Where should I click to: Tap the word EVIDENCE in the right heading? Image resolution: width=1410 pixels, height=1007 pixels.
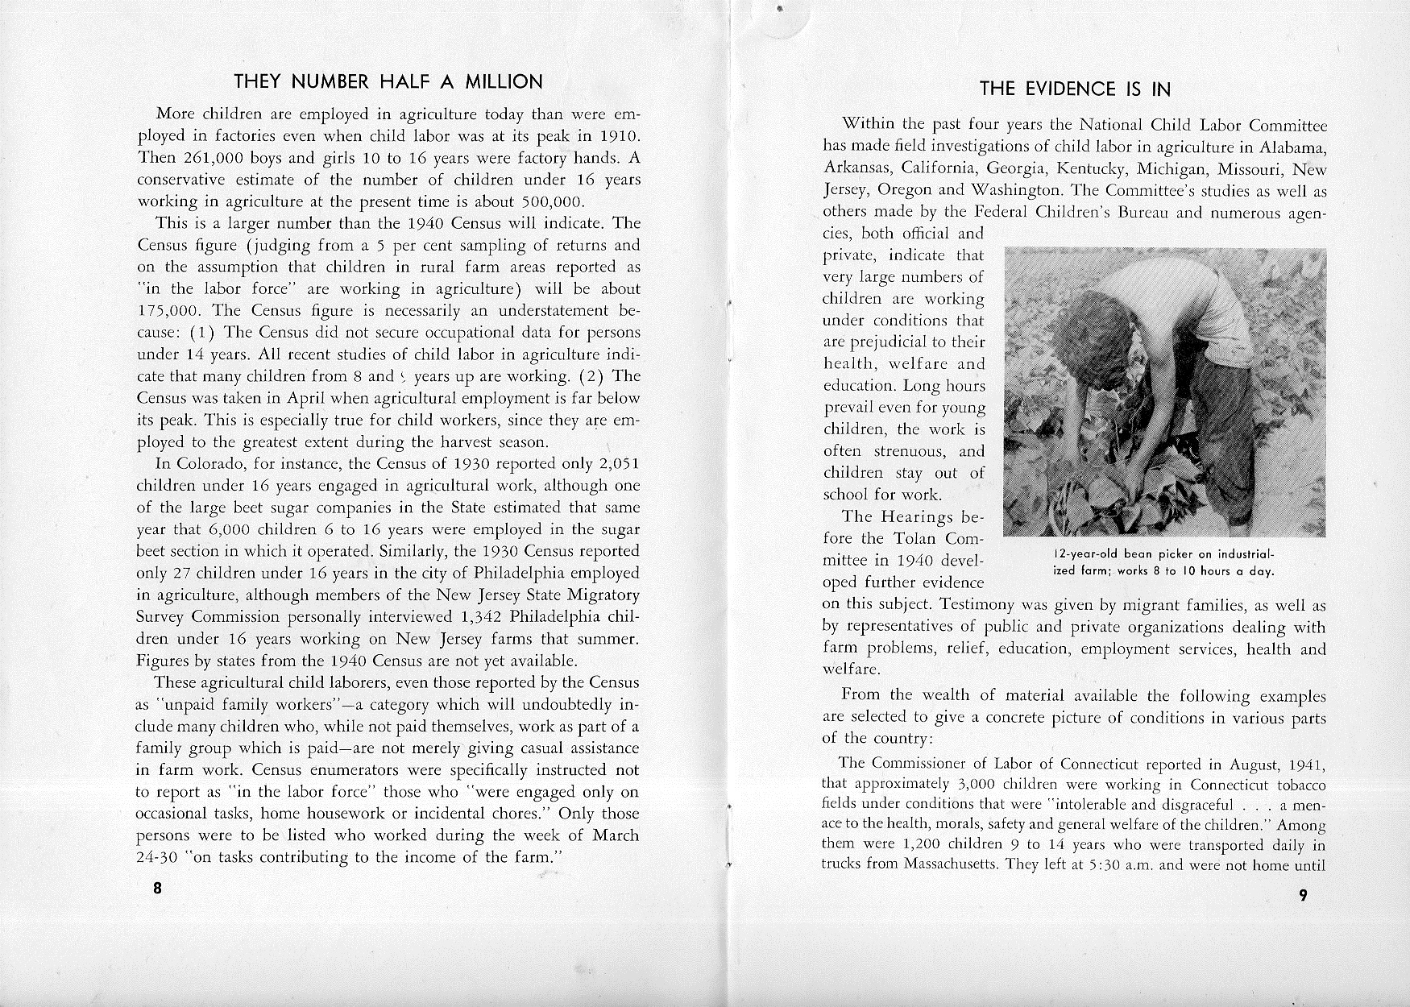coord(1072,89)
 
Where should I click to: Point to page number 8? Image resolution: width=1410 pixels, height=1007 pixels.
coord(157,889)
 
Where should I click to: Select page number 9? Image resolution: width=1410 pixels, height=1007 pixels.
coord(1304,896)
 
